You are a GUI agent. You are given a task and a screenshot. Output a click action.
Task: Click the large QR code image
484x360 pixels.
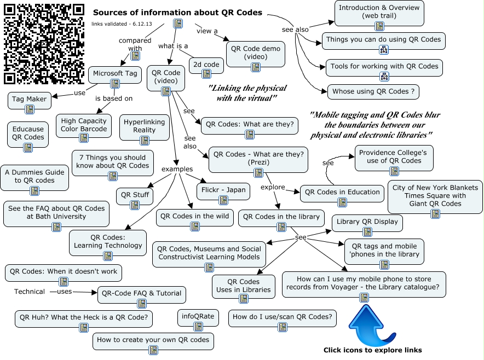coord(44,44)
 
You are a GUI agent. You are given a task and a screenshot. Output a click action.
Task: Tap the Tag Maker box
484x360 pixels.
coord(30,100)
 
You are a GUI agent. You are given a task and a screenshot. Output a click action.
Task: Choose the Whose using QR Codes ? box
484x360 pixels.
coord(373,91)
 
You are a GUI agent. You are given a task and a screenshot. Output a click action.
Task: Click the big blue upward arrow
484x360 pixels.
coord(372,326)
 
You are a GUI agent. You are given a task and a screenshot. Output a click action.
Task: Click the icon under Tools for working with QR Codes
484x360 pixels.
coord(384,76)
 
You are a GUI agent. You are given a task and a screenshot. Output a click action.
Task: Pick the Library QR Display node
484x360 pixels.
coord(367,223)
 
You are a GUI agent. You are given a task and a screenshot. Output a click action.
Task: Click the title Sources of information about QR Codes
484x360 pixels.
coord(177,13)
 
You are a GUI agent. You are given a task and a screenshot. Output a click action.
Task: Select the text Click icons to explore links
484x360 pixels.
coord(372,350)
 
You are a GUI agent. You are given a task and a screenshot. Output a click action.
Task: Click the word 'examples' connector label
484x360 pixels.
coord(177,169)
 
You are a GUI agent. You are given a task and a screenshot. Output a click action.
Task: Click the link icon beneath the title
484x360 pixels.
coord(178,24)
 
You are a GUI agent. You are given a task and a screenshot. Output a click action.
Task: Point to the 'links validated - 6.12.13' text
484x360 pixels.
coord(122,24)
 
